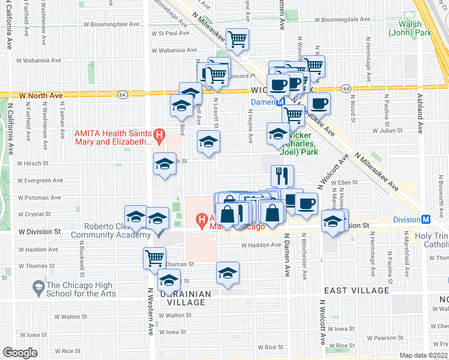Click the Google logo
tap(20, 353)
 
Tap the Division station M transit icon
tap(426, 220)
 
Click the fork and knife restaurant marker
tap(282, 176)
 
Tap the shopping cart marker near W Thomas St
tap(155, 259)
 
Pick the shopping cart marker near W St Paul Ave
tap(238, 40)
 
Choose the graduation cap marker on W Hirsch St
tap(165, 163)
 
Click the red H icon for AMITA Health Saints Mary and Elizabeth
tap(159, 136)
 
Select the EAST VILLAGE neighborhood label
tap(357, 290)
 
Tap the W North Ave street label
tap(41, 95)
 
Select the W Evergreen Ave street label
tap(40, 179)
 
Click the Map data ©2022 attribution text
tap(423, 355)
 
